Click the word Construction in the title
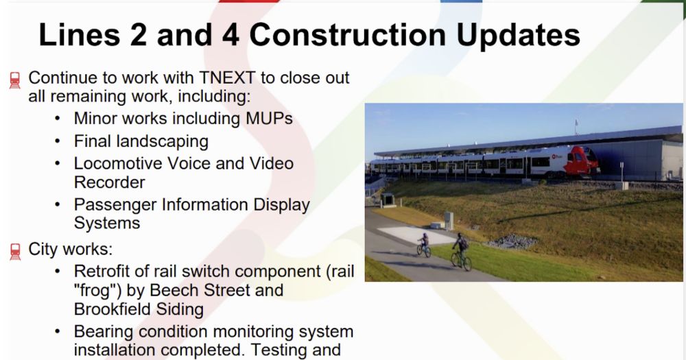pyautogui.click(x=347, y=34)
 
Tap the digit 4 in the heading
pyautogui.click(x=230, y=34)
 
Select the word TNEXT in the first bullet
pyautogui.click(x=227, y=77)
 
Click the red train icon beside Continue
pyautogui.click(x=15, y=80)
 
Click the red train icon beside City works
pyautogui.click(x=15, y=252)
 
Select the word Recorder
pyautogui.click(x=109, y=182)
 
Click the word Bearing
pyautogui.click(x=104, y=332)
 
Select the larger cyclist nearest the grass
pyautogui.click(x=461, y=252)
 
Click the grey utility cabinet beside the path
pyautogui.click(x=449, y=221)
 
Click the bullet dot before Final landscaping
pyautogui.click(x=58, y=141)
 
